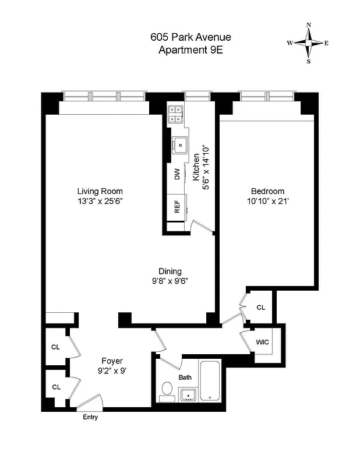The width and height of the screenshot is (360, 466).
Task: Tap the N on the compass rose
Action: tap(308, 25)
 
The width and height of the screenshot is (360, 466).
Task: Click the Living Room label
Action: tap(100, 191)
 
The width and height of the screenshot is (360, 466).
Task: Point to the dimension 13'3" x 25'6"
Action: tap(100, 201)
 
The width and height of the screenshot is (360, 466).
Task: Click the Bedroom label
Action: tap(267, 191)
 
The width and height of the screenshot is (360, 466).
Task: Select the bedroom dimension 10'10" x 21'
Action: tap(267, 201)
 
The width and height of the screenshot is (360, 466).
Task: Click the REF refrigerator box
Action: tap(176, 206)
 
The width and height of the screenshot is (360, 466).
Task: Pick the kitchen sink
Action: tap(181, 144)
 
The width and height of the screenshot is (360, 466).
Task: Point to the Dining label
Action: tap(170, 271)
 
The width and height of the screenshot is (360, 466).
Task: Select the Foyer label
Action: tap(112, 361)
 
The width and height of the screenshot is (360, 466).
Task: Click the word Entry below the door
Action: tap(90, 417)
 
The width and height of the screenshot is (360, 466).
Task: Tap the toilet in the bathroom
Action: tap(167, 390)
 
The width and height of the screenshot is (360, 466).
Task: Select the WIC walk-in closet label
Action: tap(262, 342)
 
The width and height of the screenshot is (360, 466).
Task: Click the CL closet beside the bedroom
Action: tap(260, 307)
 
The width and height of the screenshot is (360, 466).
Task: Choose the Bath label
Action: tap(185, 377)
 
